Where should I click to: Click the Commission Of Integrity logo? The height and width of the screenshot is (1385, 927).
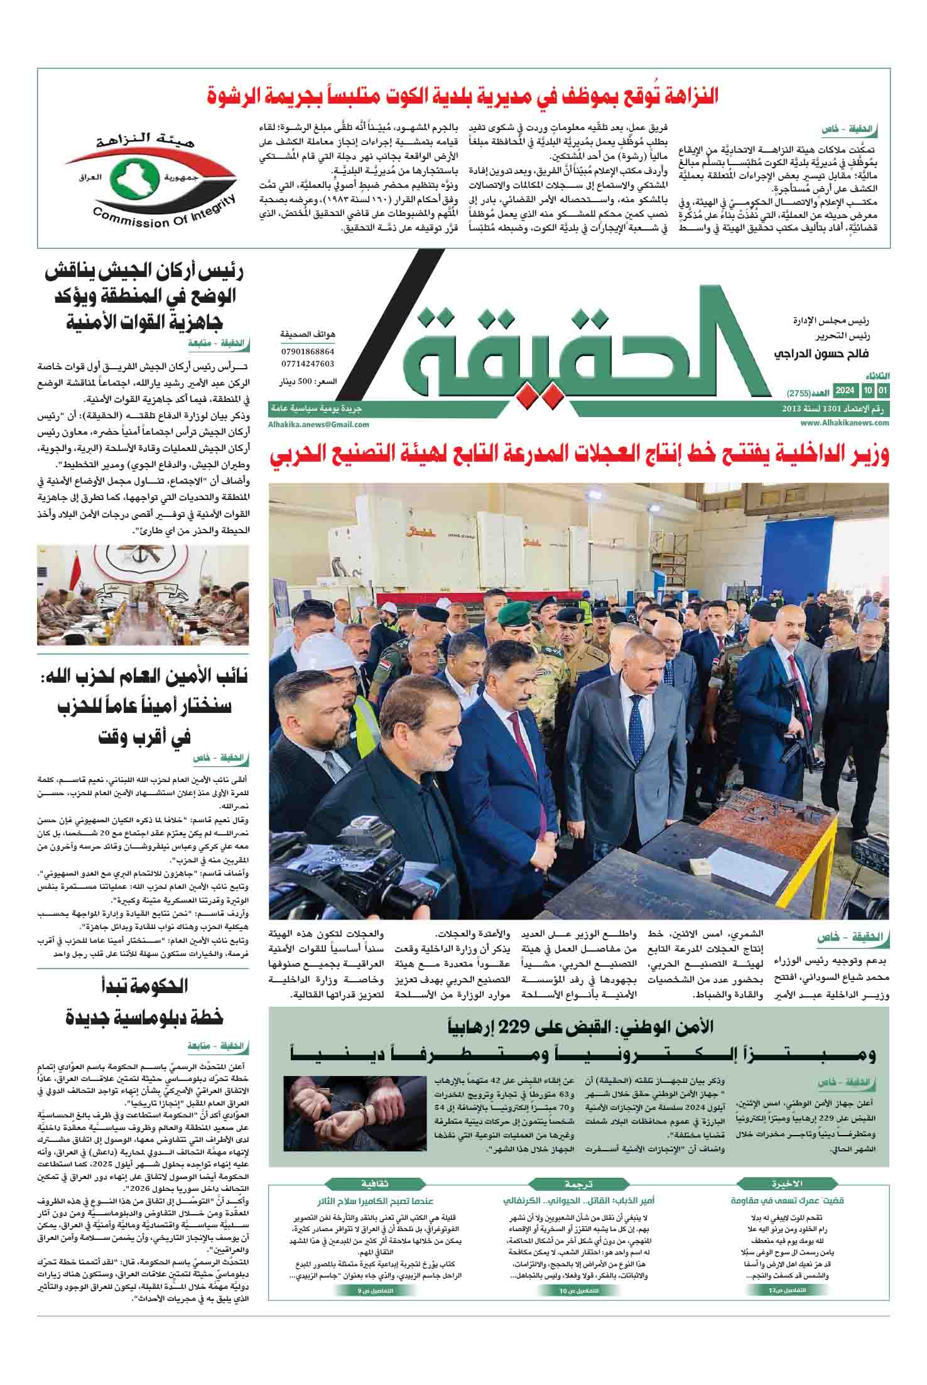coord(150,178)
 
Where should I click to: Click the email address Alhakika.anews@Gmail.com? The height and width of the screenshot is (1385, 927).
coord(318,424)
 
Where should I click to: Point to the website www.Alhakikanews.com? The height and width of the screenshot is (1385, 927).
coord(845,423)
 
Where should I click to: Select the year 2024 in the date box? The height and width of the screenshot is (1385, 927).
coord(843,391)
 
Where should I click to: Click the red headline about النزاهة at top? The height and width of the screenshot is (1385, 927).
coord(463,95)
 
